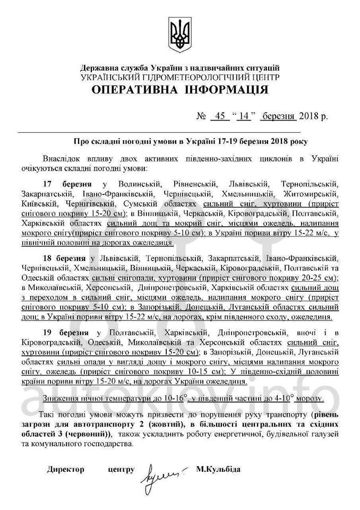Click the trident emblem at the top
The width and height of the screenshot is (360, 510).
point(179,33)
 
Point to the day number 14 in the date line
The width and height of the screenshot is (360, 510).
point(244,117)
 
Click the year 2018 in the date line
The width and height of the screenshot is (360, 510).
point(308,117)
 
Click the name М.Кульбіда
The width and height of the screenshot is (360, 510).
point(218,470)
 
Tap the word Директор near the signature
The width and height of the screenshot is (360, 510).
point(65,470)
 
